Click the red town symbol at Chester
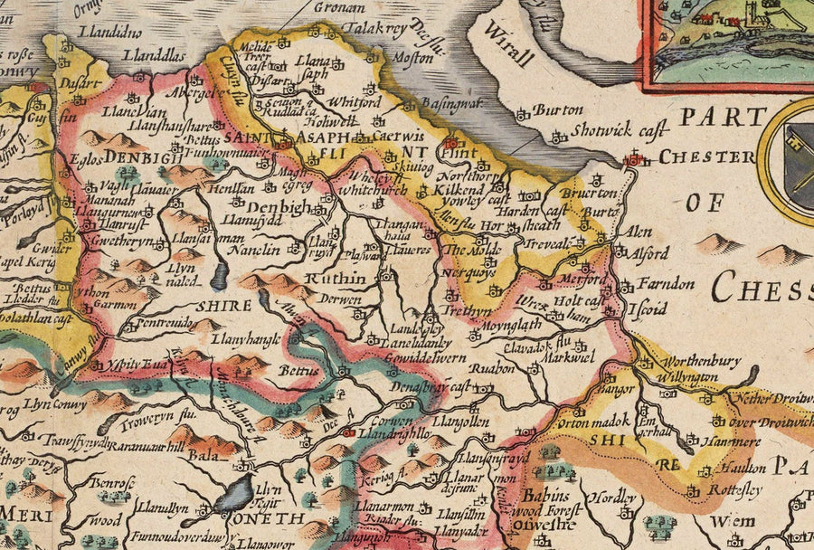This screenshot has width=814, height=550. point(636,159)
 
